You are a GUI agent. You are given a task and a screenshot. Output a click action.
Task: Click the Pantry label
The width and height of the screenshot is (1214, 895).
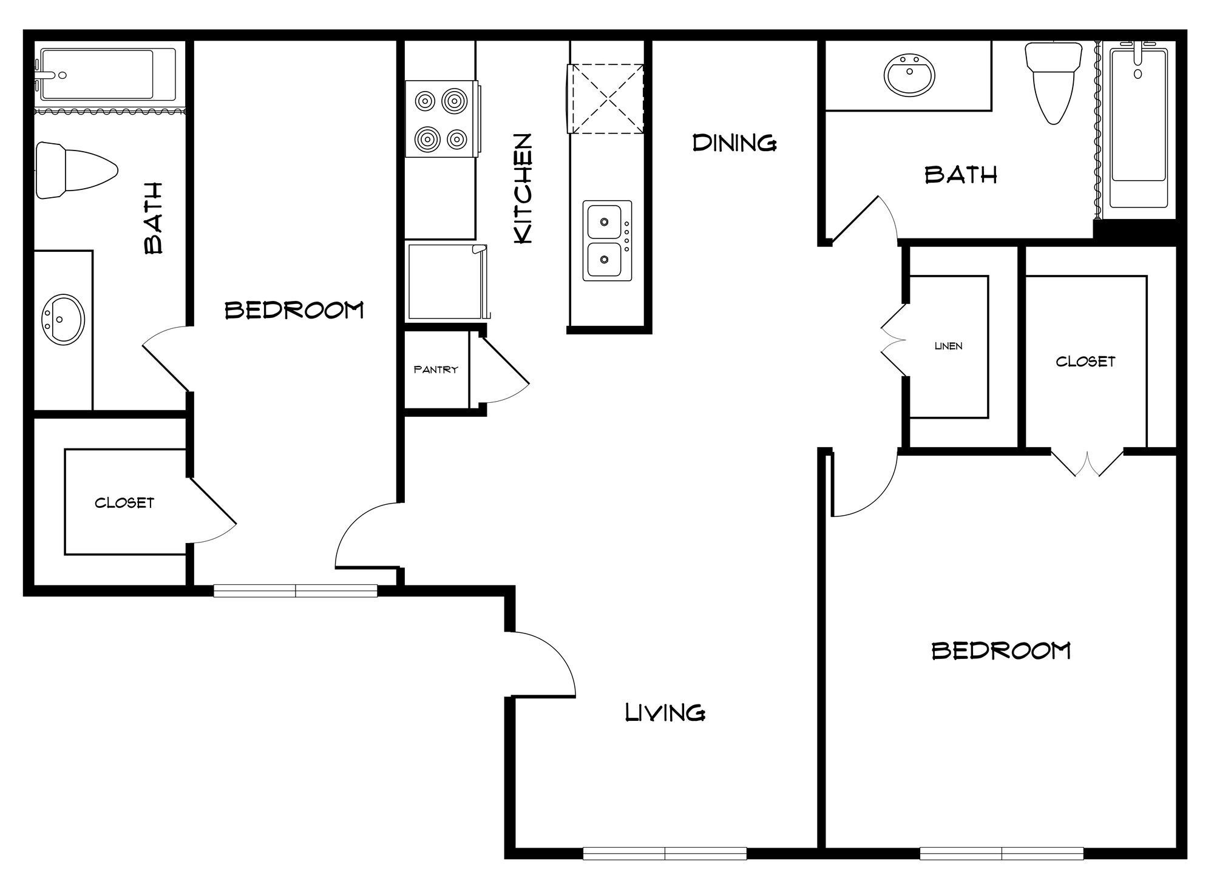coord(435,370)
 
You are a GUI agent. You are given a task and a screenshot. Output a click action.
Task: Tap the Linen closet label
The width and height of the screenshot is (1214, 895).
coord(948,346)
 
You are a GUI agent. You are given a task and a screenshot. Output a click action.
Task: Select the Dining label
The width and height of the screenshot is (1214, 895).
coord(734,143)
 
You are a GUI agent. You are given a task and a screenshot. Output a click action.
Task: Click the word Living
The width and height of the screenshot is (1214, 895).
coord(665,712)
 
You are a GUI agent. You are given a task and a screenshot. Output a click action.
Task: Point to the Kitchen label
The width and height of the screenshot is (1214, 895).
coord(523,189)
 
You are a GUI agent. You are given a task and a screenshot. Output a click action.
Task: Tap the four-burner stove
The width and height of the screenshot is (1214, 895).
coord(441,120)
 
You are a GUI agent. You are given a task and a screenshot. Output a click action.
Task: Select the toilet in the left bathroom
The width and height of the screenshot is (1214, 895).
coord(75,171)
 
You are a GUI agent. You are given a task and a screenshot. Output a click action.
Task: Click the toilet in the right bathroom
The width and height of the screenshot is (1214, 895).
coord(1054,81)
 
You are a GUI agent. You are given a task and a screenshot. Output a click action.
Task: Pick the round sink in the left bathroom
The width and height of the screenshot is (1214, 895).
coord(63,319)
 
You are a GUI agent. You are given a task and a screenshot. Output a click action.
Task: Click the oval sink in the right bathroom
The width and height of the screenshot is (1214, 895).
coord(909,75)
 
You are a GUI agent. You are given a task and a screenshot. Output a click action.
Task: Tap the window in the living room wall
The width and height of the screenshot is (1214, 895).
coord(665,853)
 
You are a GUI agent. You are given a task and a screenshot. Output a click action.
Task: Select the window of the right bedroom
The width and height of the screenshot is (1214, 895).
coord(1001,853)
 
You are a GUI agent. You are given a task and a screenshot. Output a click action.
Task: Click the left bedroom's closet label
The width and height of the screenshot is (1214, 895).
coord(124,502)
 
